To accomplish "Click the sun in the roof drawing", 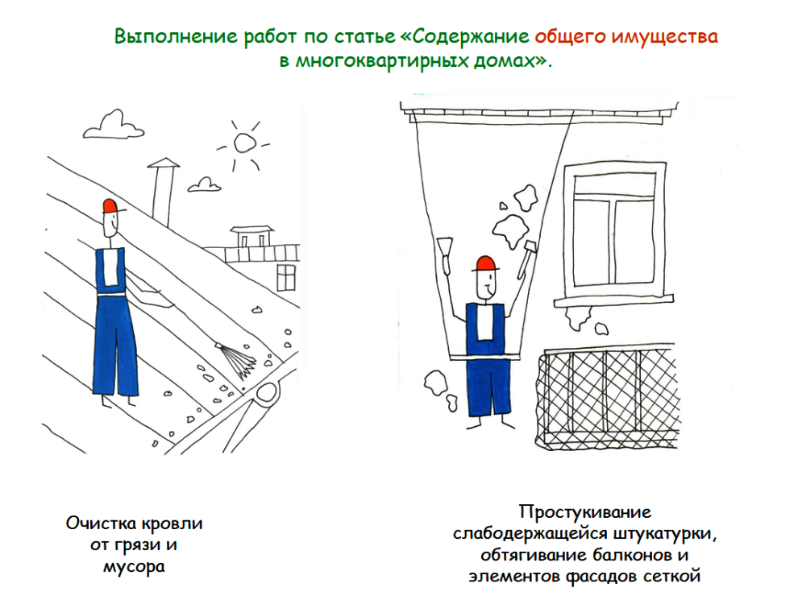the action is pos(244,144).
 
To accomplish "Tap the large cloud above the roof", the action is pos(114,126).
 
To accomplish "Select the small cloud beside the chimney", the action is pos(205,185).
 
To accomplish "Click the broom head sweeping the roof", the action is pos(238,359).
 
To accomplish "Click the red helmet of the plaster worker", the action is pos(485,264).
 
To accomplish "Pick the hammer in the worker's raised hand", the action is pos(526,259).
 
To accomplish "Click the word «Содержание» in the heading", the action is pos(471,36).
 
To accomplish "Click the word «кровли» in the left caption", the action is pos(172,524).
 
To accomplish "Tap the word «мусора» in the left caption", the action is pos(135,566).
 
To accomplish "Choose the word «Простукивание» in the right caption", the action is pos(584,511).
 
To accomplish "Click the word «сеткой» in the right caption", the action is pos(671,576).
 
